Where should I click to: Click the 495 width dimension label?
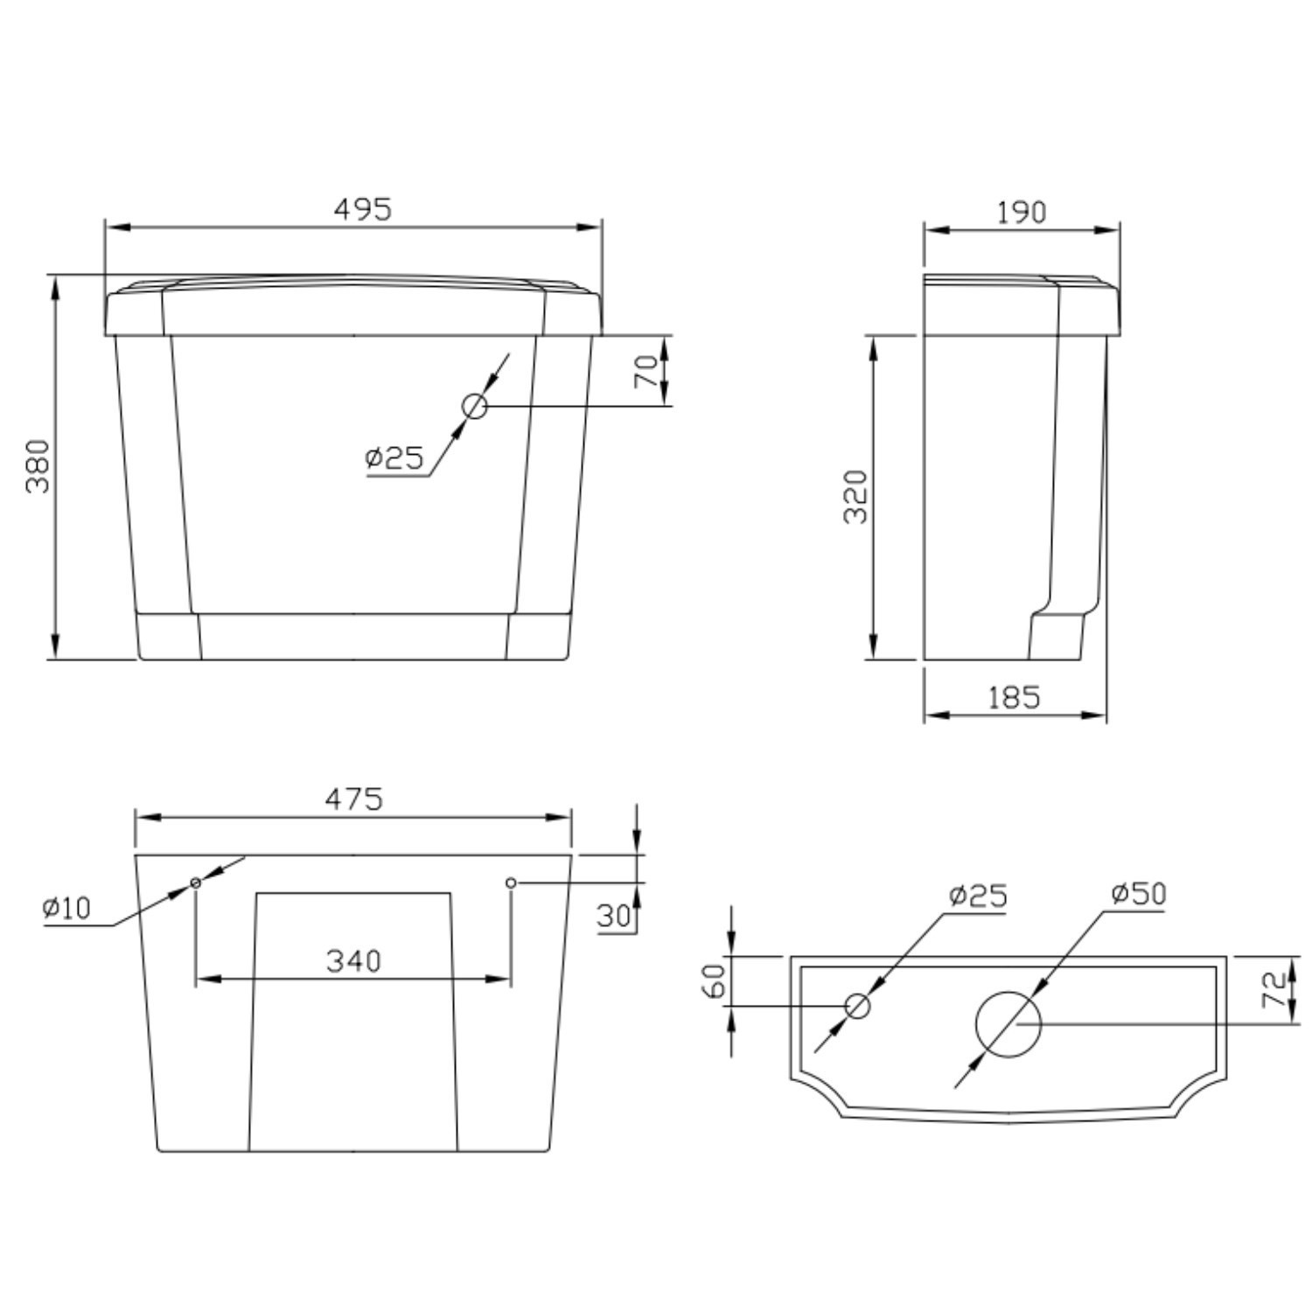[x=363, y=209]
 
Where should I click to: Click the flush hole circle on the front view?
[x=475, y=406]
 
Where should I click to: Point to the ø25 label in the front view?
[x=394, y=457]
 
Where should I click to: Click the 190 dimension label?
[x=1021, y=213]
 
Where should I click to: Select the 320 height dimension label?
[x=856, y=497]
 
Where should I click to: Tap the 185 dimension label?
[x=1015, y=697]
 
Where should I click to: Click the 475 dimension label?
[x=354, y=799]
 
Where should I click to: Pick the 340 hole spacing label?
[x=354, y=960]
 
